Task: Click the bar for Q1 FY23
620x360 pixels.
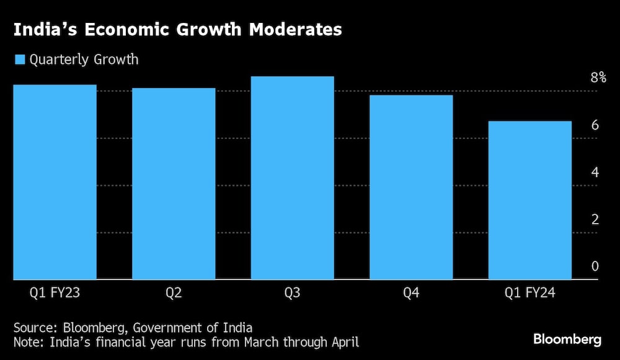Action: point(55,182)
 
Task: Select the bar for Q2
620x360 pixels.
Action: point(174,184)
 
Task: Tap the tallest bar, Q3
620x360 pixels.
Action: point(292,178)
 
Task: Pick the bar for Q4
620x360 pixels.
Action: point(411,187)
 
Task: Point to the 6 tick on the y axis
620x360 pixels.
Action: point(595,125)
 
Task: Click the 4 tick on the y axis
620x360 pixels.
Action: point(595,172)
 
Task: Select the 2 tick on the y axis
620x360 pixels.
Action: point(595,219)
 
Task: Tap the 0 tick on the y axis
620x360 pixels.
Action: point(595,266)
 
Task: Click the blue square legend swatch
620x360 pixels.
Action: point(19,60)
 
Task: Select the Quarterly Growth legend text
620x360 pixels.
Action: point(84,60)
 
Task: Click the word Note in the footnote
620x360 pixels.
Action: point(27,341)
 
